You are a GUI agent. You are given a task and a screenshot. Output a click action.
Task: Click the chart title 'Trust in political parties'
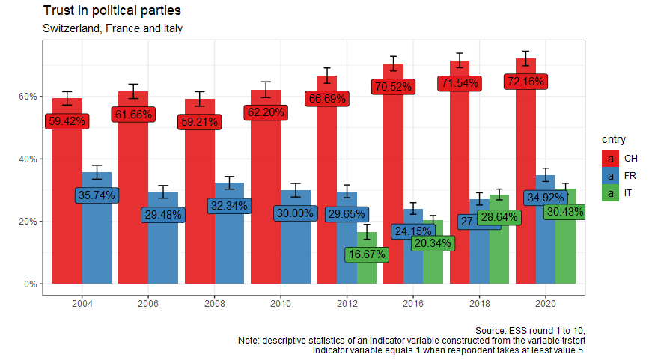tap(112, 11)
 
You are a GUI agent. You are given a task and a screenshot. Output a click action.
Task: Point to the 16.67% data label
tap(365, 254)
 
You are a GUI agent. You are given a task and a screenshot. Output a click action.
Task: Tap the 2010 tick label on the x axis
tap(281, 305)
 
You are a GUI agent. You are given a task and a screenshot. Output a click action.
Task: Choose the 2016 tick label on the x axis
tap(413, 305)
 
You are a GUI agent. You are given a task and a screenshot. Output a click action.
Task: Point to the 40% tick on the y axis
tap(29, 159)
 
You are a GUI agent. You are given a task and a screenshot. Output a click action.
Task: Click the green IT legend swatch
tap(610, 193)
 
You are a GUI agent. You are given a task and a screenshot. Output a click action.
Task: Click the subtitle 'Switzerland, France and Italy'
tap(113, 29)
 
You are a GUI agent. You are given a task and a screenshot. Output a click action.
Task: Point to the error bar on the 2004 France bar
tap(97, 172)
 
